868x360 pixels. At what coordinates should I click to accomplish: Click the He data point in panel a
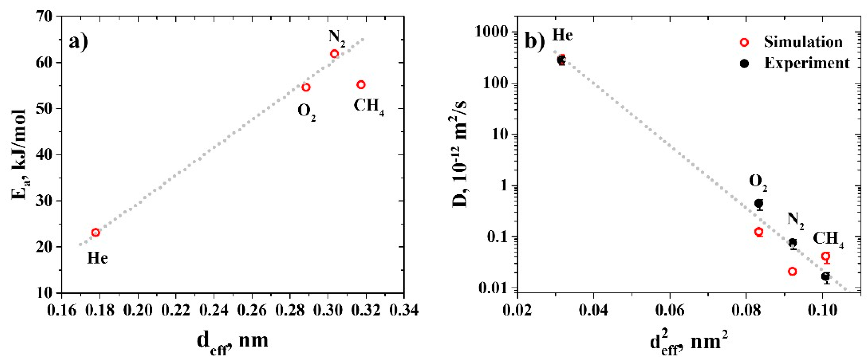coord(96,232)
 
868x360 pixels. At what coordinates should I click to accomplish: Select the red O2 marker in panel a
coord(306,87)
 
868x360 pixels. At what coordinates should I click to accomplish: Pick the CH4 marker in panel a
coord(361,84)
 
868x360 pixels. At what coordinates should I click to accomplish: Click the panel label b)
coord(535,41)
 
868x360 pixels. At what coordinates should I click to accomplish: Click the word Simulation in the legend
coord(803,42)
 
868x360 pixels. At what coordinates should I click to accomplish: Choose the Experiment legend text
coord(807,63)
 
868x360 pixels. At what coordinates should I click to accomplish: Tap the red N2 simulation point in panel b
coord(792,271)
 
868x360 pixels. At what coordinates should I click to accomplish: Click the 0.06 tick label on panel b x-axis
coord(670,310)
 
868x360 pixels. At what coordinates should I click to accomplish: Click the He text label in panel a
coord(97,258)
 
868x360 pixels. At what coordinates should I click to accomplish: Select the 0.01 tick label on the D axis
coord(493,289)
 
